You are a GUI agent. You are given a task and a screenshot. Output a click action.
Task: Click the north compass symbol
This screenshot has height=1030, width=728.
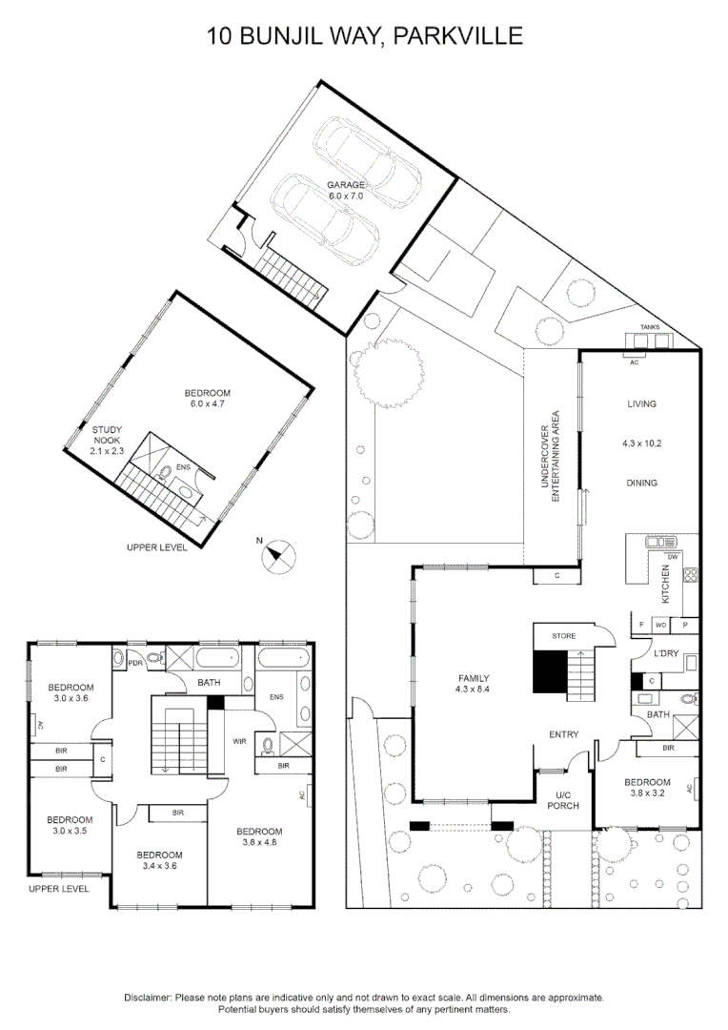(x=277, y=556)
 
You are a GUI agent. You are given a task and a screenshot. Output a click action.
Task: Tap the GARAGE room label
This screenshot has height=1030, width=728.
(x=346, y=185)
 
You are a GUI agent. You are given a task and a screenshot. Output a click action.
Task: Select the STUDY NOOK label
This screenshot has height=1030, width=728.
(x=107, y=435)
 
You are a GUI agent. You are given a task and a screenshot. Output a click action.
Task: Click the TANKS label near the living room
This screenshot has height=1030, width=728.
(x=651, y=327)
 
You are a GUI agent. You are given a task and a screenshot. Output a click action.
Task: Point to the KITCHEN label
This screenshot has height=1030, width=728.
(x=666, y=585)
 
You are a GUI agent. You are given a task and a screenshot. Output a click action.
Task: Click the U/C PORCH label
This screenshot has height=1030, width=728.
(x=563, y=800)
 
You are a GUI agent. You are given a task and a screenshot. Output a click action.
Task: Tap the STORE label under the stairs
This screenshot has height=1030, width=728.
(x=564, y=636)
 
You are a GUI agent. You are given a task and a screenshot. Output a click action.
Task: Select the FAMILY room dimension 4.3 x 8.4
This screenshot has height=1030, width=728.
(x=473, y=690)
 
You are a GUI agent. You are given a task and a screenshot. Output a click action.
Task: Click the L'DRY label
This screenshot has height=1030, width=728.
(x=666, y=653)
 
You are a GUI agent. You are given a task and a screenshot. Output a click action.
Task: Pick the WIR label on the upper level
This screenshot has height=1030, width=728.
(x=239, y=741)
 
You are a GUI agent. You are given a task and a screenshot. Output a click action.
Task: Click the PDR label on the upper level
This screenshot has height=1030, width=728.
(x=136, y=663)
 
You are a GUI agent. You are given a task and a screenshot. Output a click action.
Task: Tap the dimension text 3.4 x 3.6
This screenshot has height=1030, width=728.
(x=159, y=866)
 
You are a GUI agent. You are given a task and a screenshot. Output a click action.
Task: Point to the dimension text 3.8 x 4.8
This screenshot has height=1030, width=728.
(x=260, y=842)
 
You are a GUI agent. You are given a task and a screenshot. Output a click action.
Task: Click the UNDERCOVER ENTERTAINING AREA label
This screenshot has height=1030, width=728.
(x=550, y=457)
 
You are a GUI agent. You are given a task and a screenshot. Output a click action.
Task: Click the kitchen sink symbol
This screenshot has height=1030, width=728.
(x=660, y=542)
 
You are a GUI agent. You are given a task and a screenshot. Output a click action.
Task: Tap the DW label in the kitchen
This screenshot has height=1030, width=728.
(x=672, y=556)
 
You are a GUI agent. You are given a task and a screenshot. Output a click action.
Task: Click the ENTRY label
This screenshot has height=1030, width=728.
(x=564, y=734)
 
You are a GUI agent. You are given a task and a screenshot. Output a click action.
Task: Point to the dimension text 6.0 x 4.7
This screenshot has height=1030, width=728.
(x=208, y=404)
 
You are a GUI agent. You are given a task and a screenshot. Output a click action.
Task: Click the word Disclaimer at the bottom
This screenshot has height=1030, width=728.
(x=148, y=998)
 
